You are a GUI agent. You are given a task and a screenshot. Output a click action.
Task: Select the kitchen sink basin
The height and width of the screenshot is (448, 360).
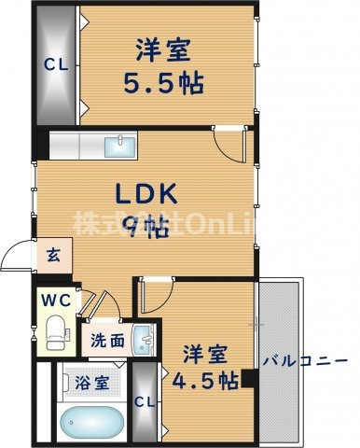click(x=118, y=147)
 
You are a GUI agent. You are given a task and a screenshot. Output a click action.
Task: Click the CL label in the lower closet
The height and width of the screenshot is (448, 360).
click(x=145, y=402)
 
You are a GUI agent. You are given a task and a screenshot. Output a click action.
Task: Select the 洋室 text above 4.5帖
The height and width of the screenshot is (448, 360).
click(x=204, y=355)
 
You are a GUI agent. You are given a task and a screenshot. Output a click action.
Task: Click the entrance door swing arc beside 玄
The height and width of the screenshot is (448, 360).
click(x=17, y=254)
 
